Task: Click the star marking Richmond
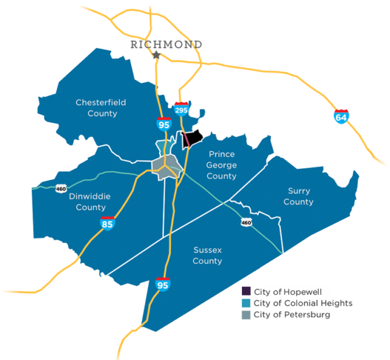tap(157, 55)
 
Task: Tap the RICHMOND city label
tap(166, 44)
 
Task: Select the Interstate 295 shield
tap(181, 109)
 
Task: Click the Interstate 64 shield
tap(341, 116)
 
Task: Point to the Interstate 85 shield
tap(107, 224)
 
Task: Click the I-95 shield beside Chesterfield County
tap(163, 124)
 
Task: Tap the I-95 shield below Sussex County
tap(163, 284)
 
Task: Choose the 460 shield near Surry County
tap(246, 223)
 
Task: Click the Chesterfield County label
tap(101, 108)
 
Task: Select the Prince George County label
tap(221, 165)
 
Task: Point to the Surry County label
tap(298, 196)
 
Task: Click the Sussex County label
tap(207, 255)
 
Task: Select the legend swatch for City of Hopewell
tap(246, 291)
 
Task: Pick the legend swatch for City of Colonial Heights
tap(246, 303)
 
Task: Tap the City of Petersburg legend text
tap(292, 315)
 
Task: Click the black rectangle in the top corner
tap(308, 24)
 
